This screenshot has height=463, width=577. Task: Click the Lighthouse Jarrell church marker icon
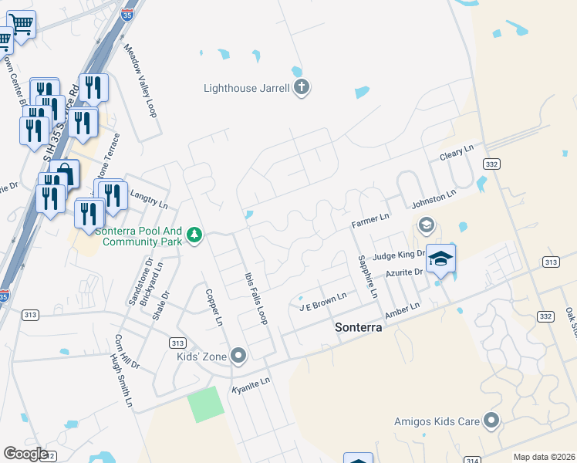pyautogui.click(x=302, y=88)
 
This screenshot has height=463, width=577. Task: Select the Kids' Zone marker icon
pyautogui.click(x=239, y=356)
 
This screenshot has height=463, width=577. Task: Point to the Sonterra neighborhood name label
pyautogui.click(x=359, y=326)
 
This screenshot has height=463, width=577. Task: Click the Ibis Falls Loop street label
pyautogui.click(x=255, y=298)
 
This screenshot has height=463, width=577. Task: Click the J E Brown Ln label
pyautogui.click(x=322, y=300)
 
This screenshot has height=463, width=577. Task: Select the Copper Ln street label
pyautogui.click(x=214, y=306)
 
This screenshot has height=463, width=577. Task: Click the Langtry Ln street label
pyautogui.click(x=149, y=199)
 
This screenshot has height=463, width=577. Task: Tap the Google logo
pyautogui.click(x=25, y=454)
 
